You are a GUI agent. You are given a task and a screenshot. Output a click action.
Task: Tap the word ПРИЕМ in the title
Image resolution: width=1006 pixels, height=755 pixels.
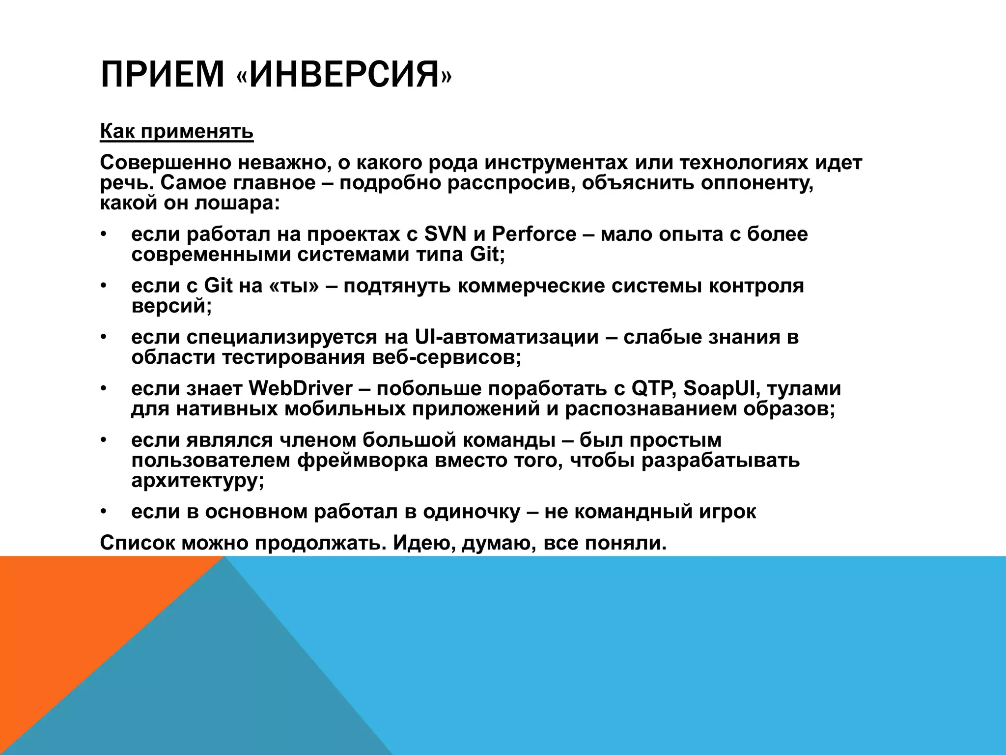coord(162,74)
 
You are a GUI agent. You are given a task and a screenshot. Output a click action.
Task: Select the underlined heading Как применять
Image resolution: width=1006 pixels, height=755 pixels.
coord(177,132)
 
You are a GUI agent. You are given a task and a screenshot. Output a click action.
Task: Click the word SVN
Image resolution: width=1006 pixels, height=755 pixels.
coord(445,234)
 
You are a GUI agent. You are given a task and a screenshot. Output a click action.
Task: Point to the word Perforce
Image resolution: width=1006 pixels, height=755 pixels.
coord(534,234)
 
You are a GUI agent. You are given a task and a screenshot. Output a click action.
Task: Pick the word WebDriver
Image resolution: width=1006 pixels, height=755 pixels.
coord(301,389)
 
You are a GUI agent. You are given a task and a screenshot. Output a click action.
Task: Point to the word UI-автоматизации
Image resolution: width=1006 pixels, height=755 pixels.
coord(506,337)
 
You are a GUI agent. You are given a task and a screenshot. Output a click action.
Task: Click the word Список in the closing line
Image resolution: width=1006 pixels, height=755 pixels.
coord(138,543)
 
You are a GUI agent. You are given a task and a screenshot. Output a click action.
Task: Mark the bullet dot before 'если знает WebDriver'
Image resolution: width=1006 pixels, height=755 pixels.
coord(103,389)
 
